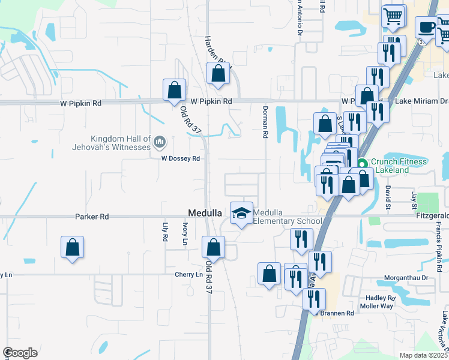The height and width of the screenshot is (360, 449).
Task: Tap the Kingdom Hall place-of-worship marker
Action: point(160,142)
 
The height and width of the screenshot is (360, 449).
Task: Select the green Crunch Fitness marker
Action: point(362,163)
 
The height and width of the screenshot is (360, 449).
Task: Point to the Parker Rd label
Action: point(92,216)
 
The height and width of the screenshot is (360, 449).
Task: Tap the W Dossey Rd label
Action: point(180,158)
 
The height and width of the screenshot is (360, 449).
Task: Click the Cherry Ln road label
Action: point(189,274)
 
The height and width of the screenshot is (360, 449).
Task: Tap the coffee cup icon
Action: point(426,28)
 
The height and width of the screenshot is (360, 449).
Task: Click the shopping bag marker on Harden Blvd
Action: point(218,74)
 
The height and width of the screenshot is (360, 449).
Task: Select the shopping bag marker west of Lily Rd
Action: point(72,247)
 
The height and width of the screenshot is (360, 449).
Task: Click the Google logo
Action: point(20,353)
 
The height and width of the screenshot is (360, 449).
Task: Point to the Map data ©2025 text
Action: point(424,355)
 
